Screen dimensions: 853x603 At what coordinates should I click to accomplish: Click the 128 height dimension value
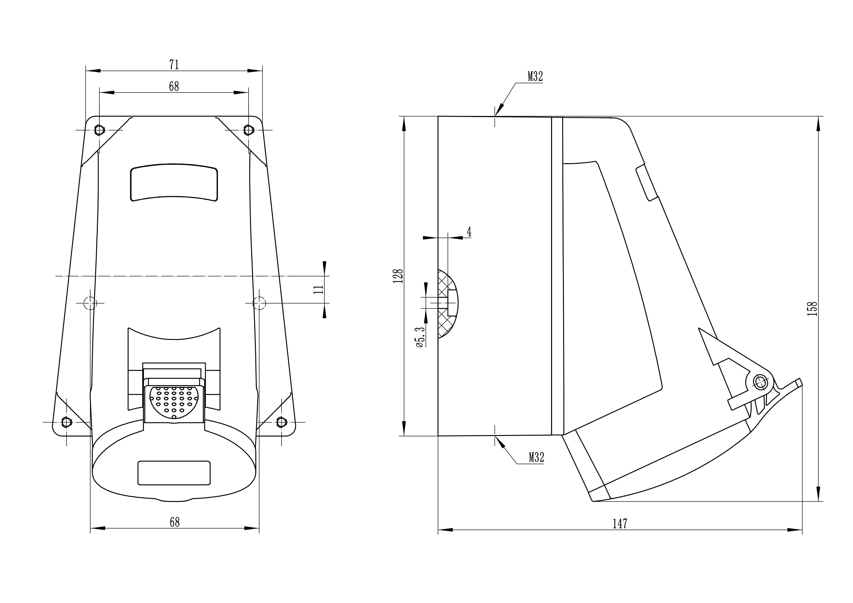398,276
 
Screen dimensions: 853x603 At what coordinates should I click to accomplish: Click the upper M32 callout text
535,76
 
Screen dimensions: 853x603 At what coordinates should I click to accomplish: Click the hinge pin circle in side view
760,382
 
